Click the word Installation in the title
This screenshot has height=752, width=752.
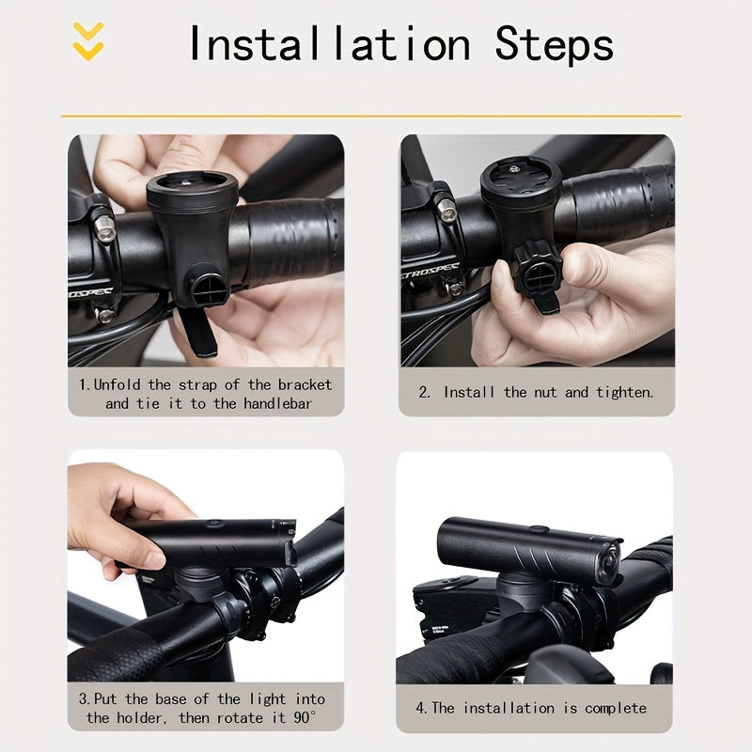click(329, 44)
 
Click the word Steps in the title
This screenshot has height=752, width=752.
click(555, 44)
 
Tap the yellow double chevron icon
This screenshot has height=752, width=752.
click(88, 41)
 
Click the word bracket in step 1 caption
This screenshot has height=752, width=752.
click(305, 384)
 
